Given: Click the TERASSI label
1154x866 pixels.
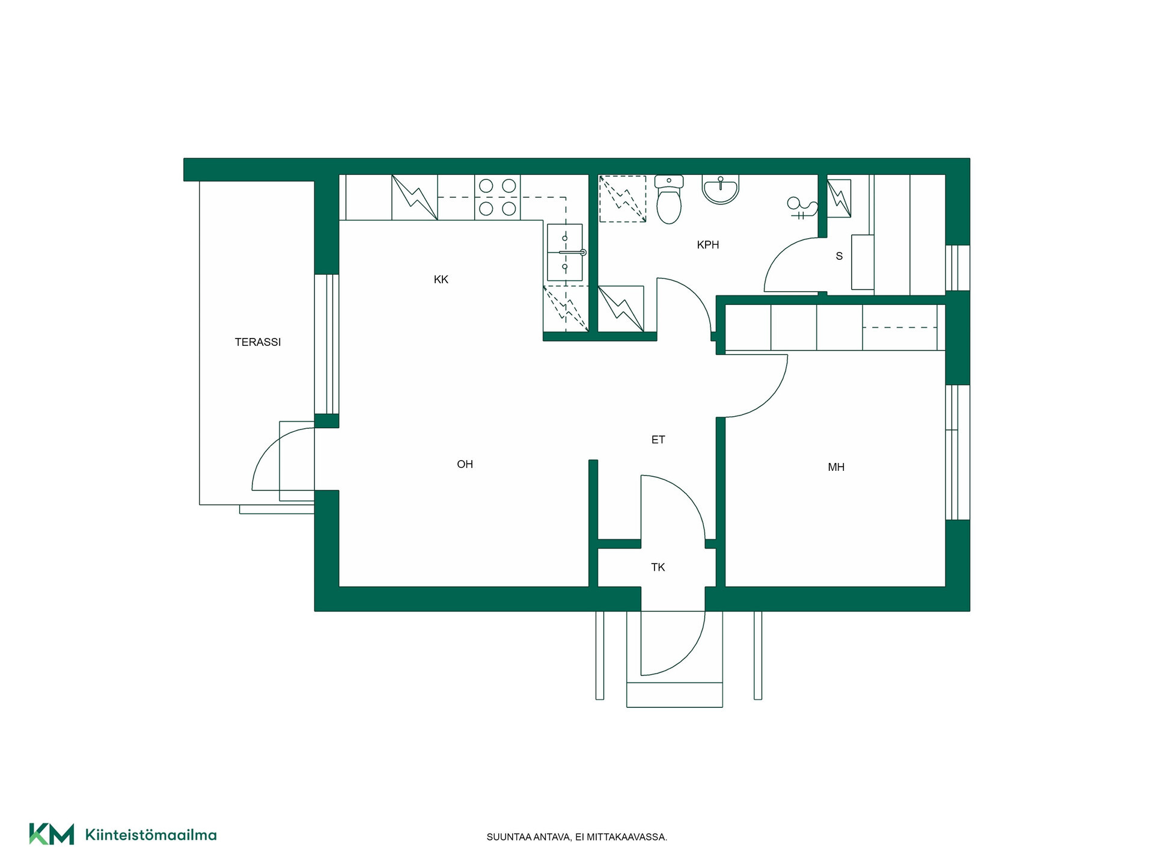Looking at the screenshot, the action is tap(258, 342).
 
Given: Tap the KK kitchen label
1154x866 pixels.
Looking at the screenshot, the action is tap(441, 280).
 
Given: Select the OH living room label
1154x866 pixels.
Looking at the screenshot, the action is tap(465, 464).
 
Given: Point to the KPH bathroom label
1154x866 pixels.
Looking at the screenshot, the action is tap(708, 245).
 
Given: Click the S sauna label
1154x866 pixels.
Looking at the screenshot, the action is tap(839, 256).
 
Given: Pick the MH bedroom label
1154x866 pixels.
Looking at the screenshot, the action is tap(836, 467).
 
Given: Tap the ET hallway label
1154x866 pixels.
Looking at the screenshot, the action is tap(658, 440).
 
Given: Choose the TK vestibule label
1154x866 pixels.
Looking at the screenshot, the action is tap(658, 567).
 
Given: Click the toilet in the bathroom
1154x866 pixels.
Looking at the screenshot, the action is tap(669, 199).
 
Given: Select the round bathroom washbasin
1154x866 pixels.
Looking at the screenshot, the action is tap(720, 189).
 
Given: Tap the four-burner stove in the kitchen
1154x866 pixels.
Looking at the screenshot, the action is tap(498, 197).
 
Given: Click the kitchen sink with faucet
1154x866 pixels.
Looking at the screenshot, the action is tap(565, 253).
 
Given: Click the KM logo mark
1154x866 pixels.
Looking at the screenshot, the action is tap(52, 834).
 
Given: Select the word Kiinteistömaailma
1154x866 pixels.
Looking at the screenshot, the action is tap(151, 835).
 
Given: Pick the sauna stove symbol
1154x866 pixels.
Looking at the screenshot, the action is tap(839, 198).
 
